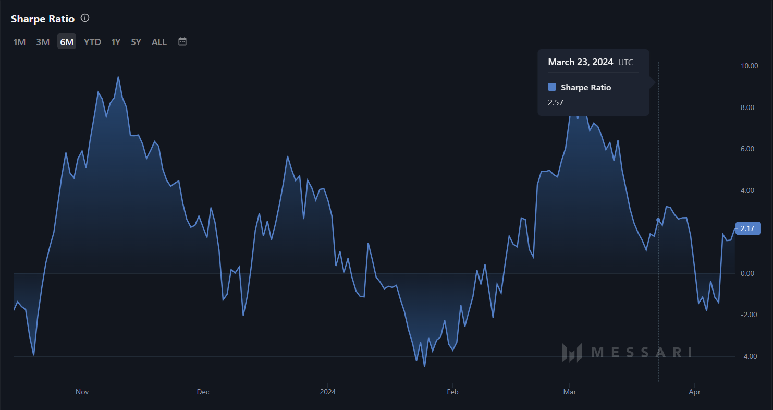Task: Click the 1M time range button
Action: tap(19, 42)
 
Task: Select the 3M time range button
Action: tap(43, 42)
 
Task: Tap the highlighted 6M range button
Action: tap(67, 42)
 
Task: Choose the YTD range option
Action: tap(92, 42)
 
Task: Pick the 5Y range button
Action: tap(136, 42)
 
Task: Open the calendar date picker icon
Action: tap(182, 42)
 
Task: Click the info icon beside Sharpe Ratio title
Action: tap(85, 18)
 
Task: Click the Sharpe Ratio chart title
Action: tap(43, 19)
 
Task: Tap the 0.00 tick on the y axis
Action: tap(748, 273)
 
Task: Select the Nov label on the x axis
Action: tap(82, 392)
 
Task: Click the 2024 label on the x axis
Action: tap(328, 392)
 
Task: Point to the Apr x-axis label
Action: tap(694, 392)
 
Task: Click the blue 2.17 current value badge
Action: tap(748, 228)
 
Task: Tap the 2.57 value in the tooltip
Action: tap(556, 103)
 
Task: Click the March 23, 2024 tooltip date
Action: tap(580, 62)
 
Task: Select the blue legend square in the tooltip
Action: tap(552, 87)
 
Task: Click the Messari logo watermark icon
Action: tap(571, 353)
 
